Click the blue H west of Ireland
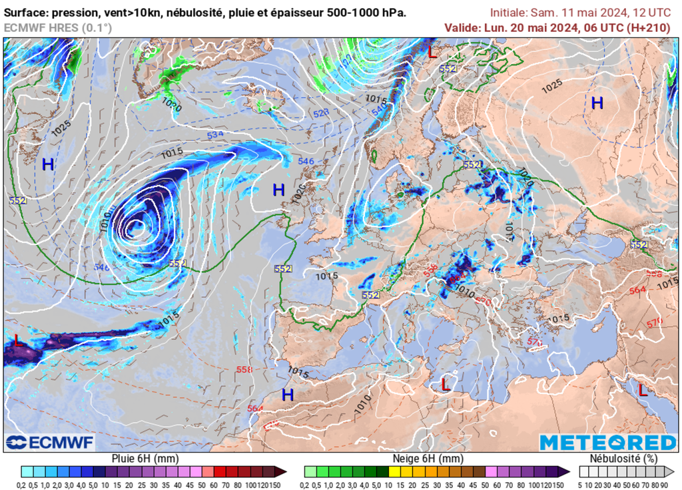279,190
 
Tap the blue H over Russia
597,103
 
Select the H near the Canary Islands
287,395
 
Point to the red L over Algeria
446,384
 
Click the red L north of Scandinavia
432,52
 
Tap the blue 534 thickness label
215,135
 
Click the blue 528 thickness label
321,113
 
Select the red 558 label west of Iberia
244,369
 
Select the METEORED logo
607,443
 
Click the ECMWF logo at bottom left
50,443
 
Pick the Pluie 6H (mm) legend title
144,459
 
